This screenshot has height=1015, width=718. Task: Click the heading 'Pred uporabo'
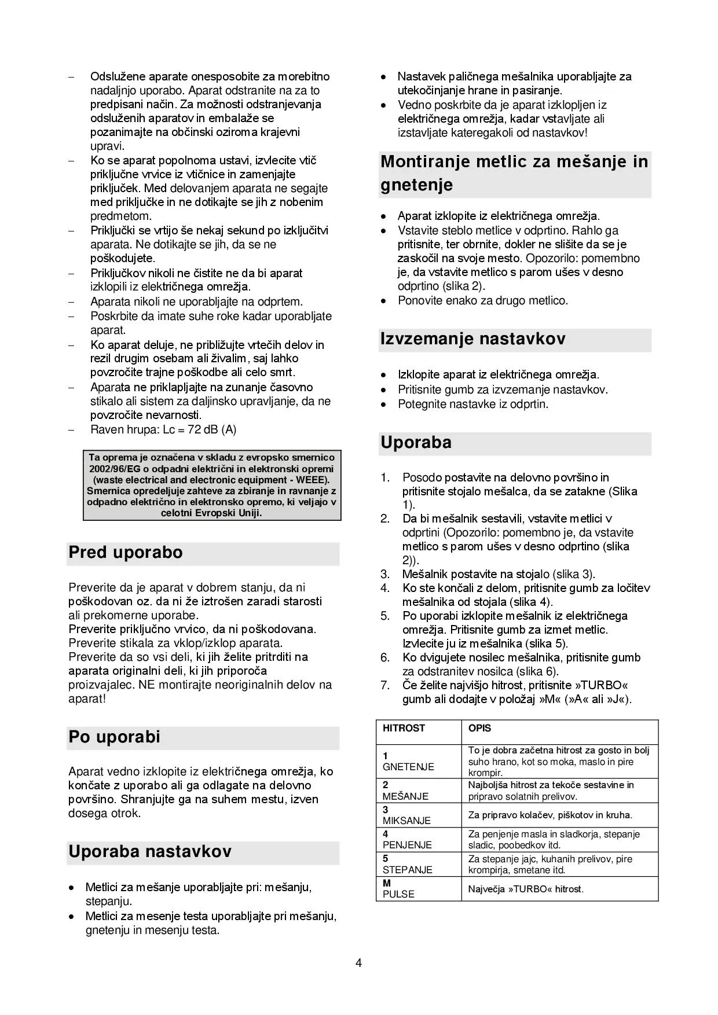(126, 553)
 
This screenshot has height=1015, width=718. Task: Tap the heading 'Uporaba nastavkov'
(150, 852)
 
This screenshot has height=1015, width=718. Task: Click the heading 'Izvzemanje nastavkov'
(472, 339)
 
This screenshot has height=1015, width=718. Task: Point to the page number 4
(359, 963)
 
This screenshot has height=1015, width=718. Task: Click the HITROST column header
(404, 729)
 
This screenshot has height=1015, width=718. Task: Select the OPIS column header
(479, 729)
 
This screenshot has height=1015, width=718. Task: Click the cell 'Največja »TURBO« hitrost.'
(526, 889)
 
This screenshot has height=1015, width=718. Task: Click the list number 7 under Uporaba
(385, 685)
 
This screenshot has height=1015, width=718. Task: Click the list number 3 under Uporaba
(385, 574)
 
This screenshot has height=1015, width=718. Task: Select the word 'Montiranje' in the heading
(425, 162)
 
